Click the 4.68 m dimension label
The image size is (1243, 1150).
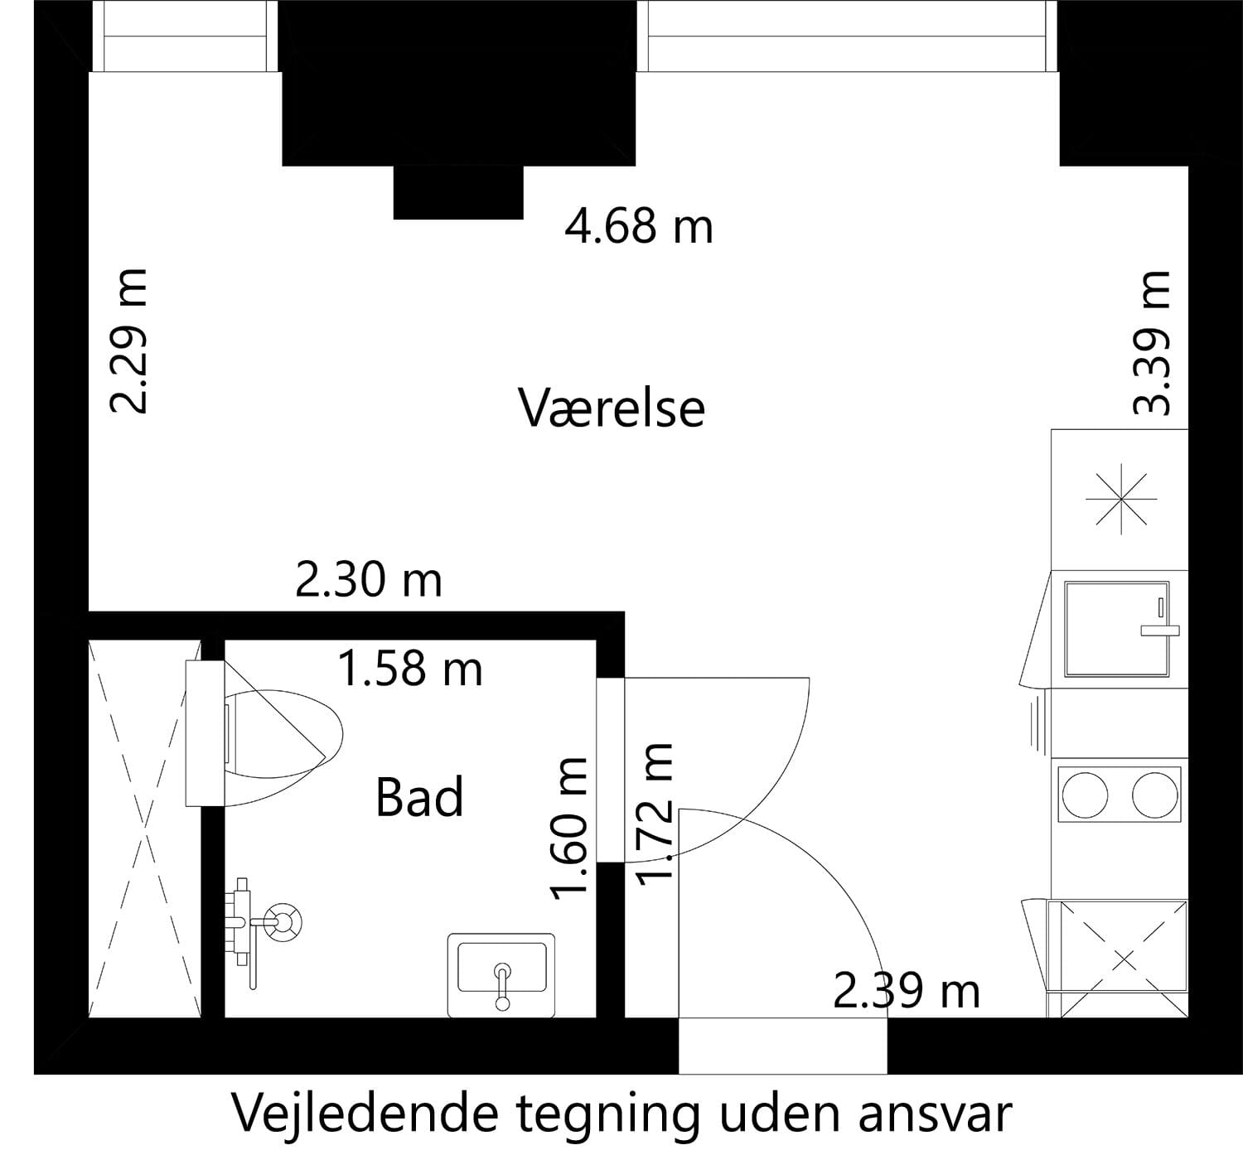pos(638,225)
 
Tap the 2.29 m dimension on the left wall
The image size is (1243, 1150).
pos(129,341)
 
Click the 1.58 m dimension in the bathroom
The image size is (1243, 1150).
pos(410,668)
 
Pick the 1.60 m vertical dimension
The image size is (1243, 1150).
pos(570,827)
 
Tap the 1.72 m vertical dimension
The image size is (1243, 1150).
pos(654,814)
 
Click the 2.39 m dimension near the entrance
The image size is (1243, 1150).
pos(906,990)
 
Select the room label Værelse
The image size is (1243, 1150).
pos(612,408)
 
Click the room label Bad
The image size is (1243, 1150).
pos(419,797)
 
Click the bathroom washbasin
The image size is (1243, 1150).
pos(501,973)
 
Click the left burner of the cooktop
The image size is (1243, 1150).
pos(1084,795)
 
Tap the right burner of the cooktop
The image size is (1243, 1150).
pos(1155,795)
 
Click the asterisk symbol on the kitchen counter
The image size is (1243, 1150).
pos(1120,500)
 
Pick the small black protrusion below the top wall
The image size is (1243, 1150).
pos(457,192)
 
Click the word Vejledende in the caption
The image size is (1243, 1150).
pos(365,1114)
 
